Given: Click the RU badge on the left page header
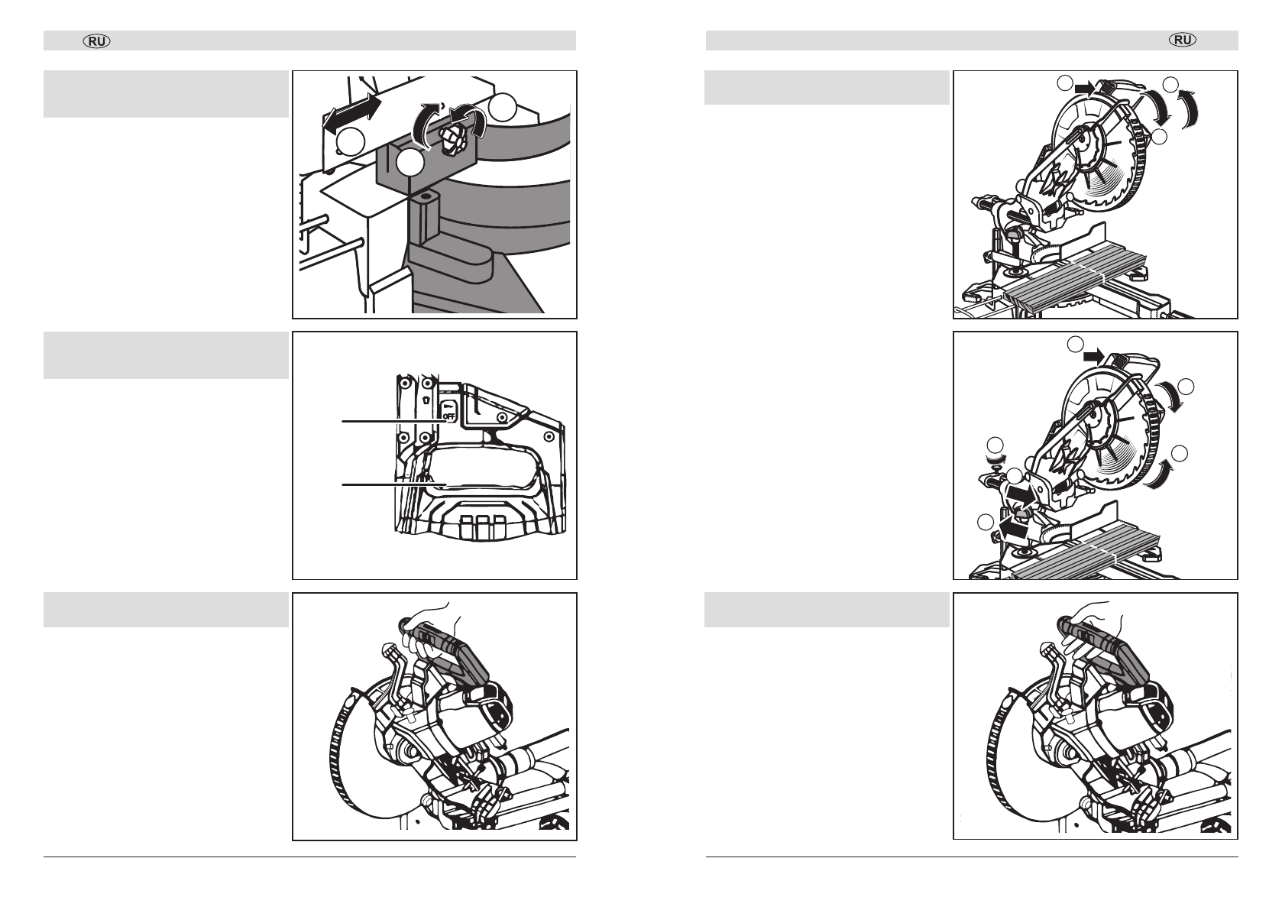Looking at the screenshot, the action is [97, 41].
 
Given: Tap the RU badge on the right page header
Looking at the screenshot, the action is [1183, 40].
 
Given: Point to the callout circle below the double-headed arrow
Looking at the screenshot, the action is [350, 141].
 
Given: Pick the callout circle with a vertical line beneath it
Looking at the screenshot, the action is [410, 163].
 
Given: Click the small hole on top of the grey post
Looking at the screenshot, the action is [425, 195].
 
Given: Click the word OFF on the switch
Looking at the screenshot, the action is [449, 416].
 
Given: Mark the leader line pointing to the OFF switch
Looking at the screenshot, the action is [393, 422].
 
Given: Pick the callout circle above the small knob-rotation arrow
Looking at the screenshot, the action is [995, 445].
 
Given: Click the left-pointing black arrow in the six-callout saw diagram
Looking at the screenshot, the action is [1011, 525].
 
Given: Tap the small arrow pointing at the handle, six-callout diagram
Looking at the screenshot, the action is [1093, 356].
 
